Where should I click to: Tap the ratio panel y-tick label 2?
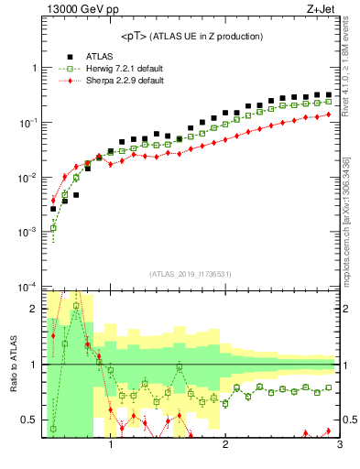34,309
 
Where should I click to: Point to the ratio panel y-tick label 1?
34,365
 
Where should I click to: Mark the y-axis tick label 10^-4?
27,286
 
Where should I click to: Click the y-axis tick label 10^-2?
27,177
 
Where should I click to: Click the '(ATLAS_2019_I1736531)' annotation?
190,274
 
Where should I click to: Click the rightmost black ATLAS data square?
328,94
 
